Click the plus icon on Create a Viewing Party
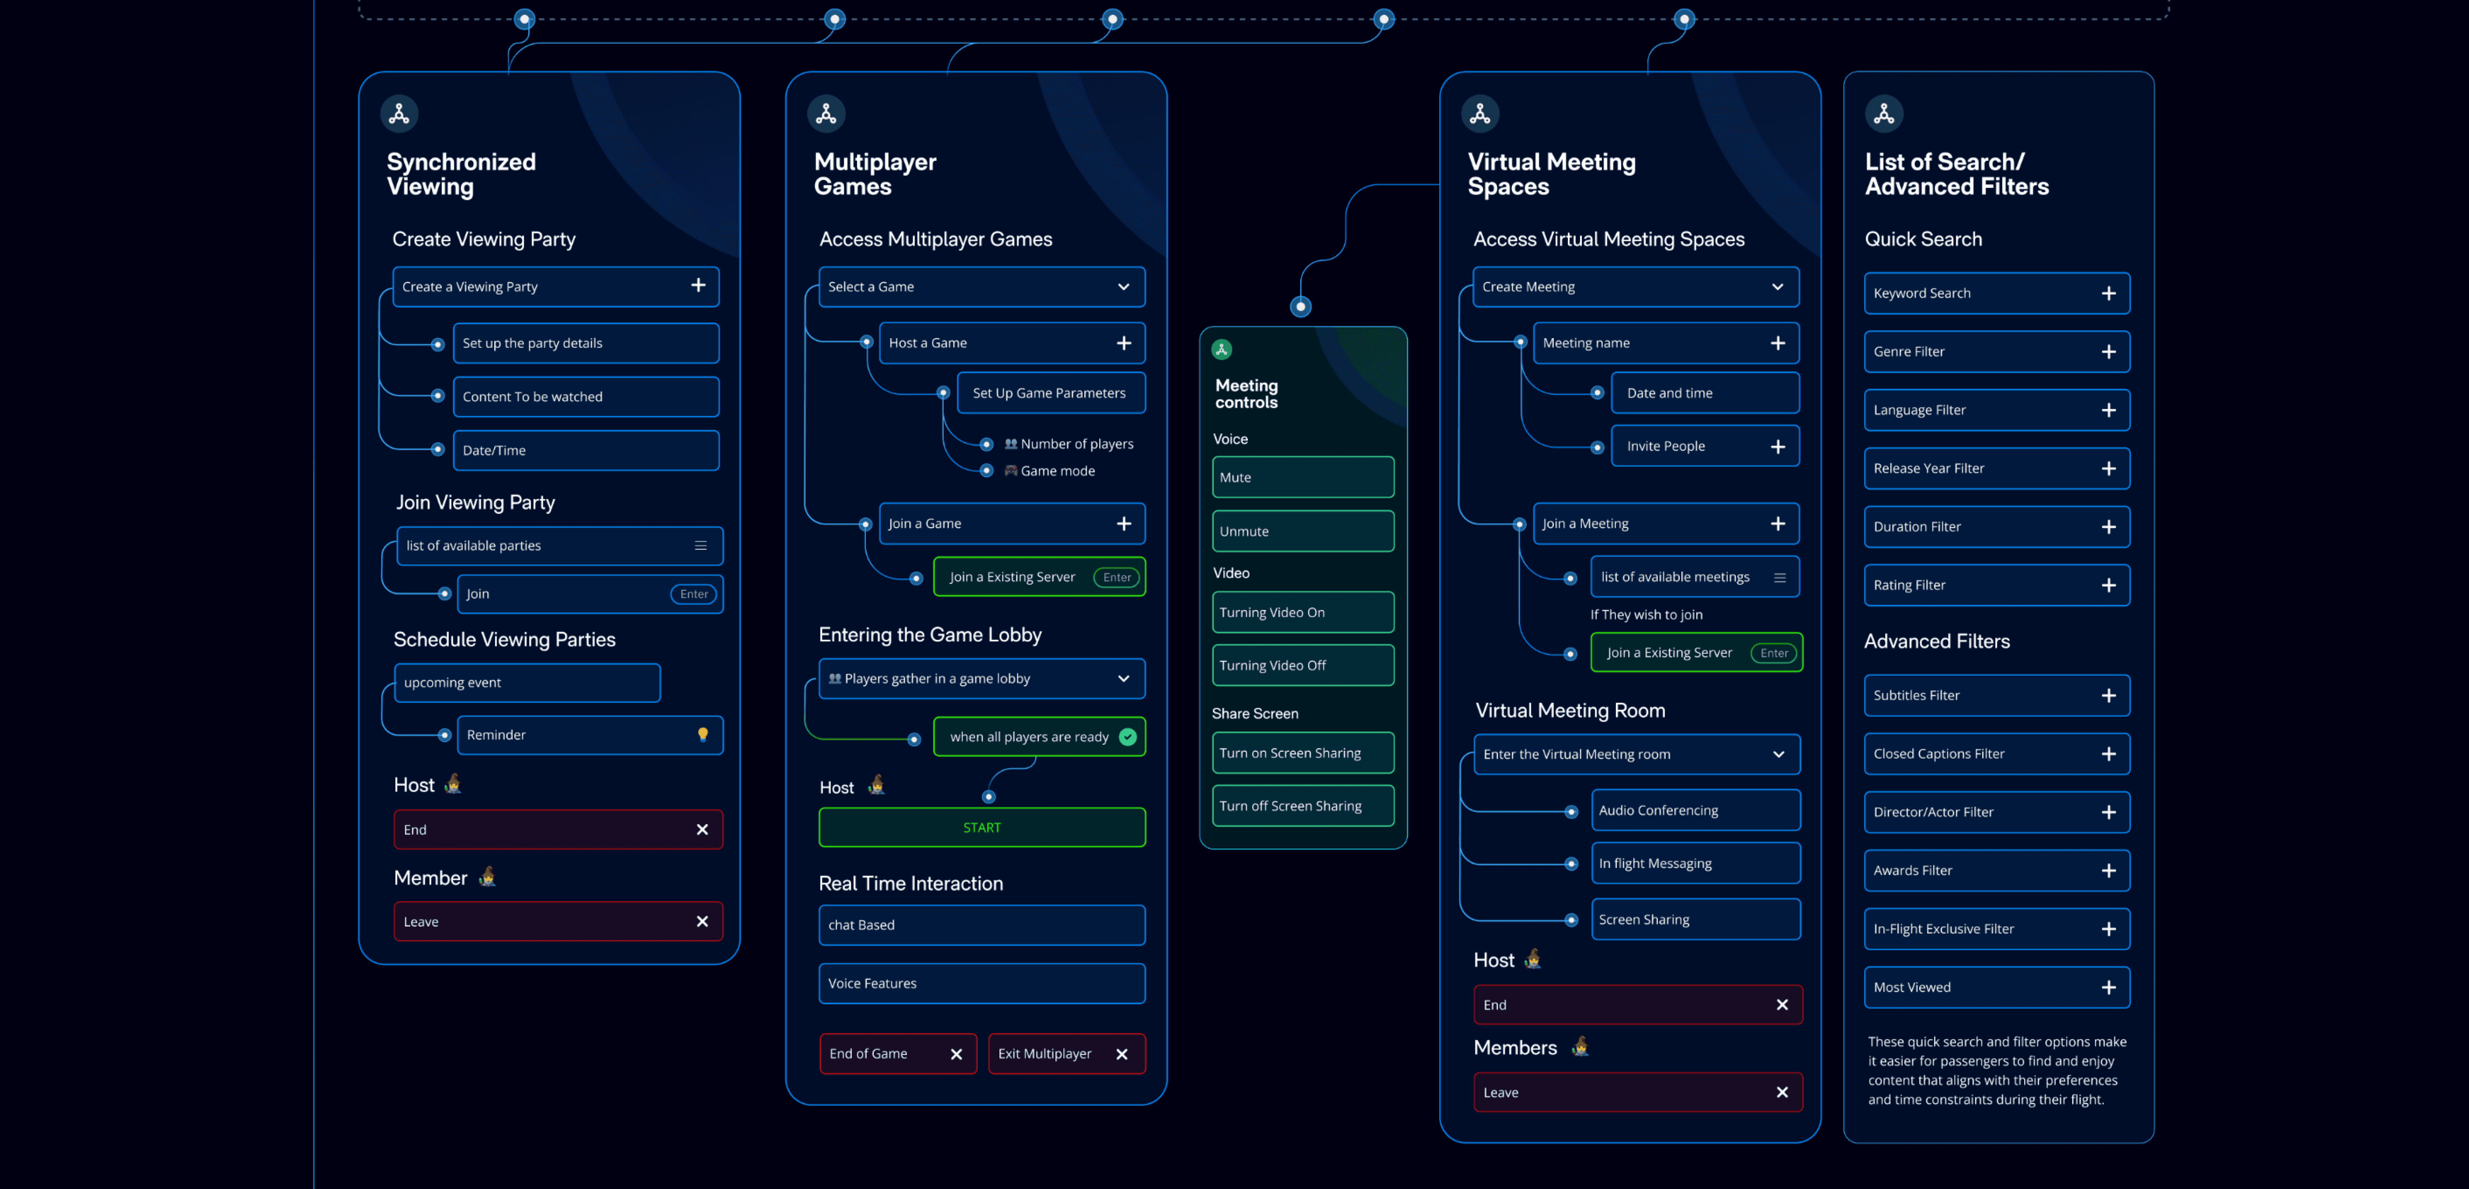(x=698, y=286)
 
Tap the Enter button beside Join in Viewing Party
(x=693, y=594)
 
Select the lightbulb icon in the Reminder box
(x=702, y=735)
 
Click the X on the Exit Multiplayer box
(x=1121, y=1054)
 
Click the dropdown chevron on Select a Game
(x=1123, y=286)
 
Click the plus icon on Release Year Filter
(x=2108, y=469)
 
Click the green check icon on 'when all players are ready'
(x=1127, y=737)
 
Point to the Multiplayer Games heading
(x=874, y=174)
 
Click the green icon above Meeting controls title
(x=1221, y=350)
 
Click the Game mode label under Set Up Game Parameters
(x=1057, y=470)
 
